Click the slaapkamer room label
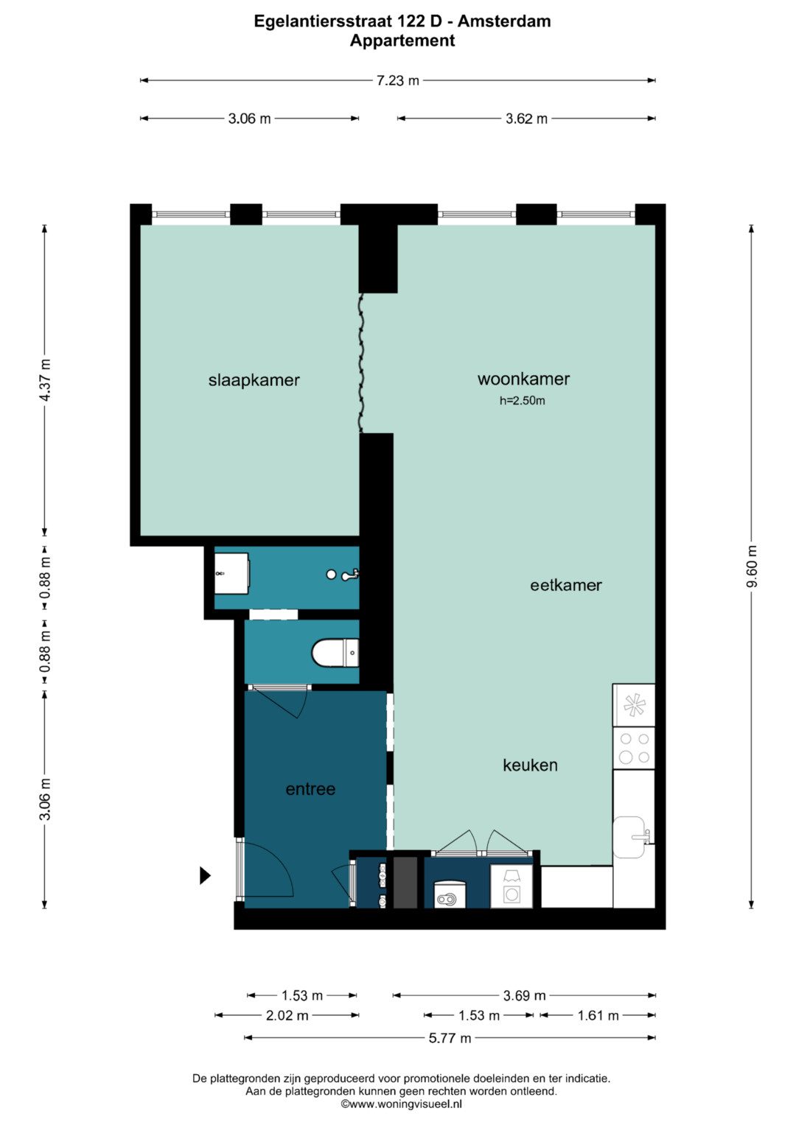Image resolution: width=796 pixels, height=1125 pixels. coord(254,380)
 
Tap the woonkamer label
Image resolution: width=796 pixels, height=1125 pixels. coord(523,379)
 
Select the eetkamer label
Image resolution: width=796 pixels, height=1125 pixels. coord(566,585)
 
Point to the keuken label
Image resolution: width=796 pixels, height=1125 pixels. coord(530,765)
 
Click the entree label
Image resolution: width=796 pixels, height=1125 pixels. coord(310,789)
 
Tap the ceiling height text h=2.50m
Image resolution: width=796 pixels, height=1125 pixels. coord(522,401)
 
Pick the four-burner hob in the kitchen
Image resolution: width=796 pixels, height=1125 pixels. coord(634,748)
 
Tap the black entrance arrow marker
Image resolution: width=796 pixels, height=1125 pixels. coord(205,875)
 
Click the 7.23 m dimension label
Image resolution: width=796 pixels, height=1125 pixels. coord(397,80)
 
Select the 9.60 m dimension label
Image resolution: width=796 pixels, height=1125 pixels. coord(752,566)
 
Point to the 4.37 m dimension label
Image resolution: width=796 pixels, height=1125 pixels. coord(45,380)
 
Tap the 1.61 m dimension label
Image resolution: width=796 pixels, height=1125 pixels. coord(598,1015)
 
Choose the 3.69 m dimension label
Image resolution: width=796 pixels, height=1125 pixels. coord(524,995)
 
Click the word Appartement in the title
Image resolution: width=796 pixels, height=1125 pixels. coord(402,41)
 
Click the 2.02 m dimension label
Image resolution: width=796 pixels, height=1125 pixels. coord(287,1015)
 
